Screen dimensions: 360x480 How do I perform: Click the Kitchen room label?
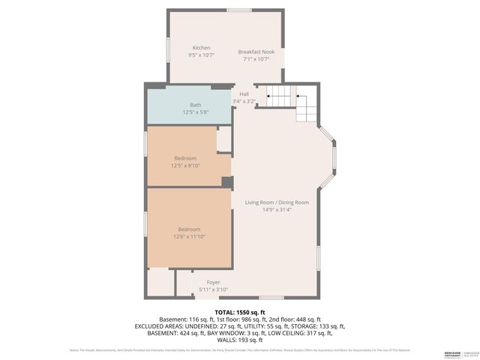coord(200,47)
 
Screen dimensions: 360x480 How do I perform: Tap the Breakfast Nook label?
coord(256,51)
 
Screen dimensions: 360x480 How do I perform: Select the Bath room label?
coord(195,105)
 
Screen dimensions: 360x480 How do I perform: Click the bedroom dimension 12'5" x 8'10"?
coord(185,166)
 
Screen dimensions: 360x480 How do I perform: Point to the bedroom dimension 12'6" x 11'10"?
coord(189,236)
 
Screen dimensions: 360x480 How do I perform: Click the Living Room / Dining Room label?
coord(276,202)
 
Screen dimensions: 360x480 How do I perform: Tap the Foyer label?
coord(212,282)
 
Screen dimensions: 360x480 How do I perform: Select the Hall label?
coord(244,94)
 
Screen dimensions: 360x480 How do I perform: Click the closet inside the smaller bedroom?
coord(223,139)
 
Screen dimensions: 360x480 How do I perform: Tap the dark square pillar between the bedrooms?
coord(227,181)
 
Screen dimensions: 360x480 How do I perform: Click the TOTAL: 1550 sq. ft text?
coord(239,312)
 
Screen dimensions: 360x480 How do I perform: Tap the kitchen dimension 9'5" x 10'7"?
coord(200,55)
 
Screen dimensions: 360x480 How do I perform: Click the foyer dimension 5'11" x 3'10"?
coord(212,289)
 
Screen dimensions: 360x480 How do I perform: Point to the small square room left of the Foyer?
coord(160,282)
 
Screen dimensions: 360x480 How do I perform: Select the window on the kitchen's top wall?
coord(240,10)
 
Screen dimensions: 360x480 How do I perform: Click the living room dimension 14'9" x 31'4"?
coord(276,210)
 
